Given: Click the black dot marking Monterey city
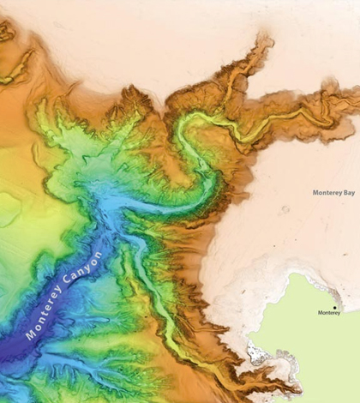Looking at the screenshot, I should click(335, 306).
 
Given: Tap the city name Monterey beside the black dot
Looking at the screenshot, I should click(329, 314).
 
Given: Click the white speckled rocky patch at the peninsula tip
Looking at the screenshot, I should click(255, 352).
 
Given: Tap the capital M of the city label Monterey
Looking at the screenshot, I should click(320, 314).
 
